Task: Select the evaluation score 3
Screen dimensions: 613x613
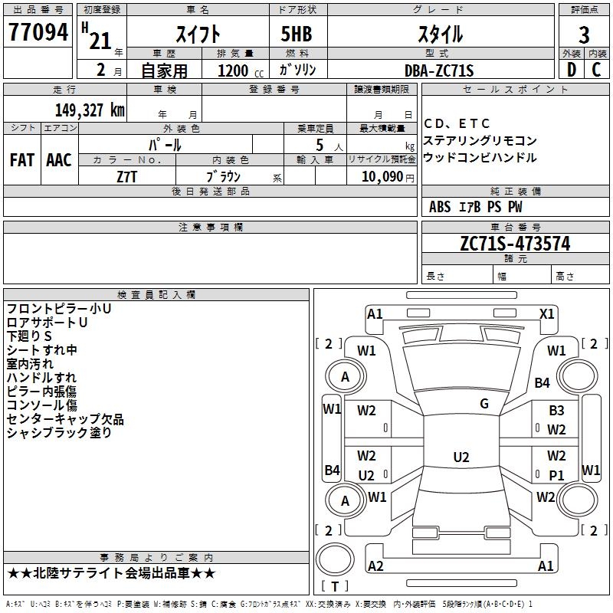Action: coord(584,35)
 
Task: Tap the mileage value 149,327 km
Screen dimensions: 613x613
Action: coord(90,110)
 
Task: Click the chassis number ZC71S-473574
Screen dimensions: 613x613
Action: coord(515,244)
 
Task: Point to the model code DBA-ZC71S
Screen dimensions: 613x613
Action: coord(439,70)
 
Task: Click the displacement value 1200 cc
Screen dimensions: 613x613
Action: coord(240,70)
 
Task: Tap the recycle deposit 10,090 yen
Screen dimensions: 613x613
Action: coord(381,176)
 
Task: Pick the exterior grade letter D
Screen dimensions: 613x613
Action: coord(570,70)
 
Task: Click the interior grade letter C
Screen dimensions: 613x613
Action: coord(596,70)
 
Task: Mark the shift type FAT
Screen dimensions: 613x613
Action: coord(21,160)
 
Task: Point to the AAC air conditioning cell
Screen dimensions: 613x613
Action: coord(59,160)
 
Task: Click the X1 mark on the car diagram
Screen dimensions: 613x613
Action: coord(546,313)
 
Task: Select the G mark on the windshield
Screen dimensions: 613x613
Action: coord(484,404)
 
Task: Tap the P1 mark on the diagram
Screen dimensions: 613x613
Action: coord(557,475)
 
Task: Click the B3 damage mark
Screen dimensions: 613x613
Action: coord(556,411)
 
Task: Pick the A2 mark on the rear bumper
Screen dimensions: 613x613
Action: coord(375,566)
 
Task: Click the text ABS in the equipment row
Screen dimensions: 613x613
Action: coord(440,207)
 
